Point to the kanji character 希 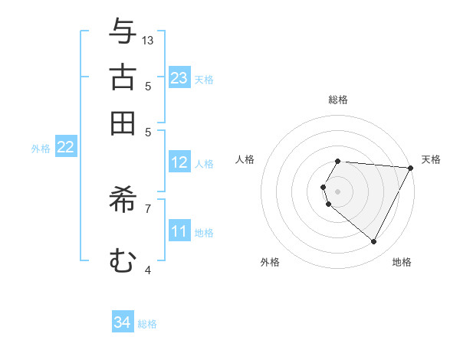[x=123, y=199]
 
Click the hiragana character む [x=123, y=260]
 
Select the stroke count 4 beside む [x=148, y=270]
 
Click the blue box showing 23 [x=179, y=78]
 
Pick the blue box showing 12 [x=179, y=162]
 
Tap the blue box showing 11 [x=179, y=231]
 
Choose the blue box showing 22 [x=65, y=148]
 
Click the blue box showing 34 [x=123, y=323]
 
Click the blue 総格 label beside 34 [x=147, y=324]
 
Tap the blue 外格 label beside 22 [x=41, y=149]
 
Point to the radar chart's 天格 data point [x=411, y=169]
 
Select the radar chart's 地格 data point [x=374, y=242]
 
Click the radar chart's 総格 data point [x=338, y=161]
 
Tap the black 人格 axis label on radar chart [x=245, y=159]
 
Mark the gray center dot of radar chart [x=338, y=191]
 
